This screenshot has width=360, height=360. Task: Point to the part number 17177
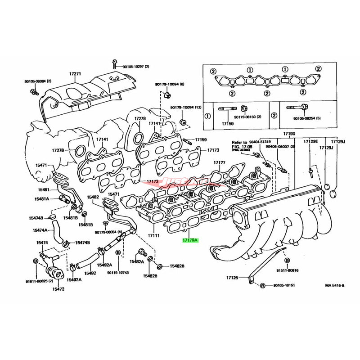click(220, 162)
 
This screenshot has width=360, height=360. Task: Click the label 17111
click(154, 235)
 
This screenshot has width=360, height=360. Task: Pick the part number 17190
click(289, 135)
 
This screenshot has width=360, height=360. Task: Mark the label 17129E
click(310, 141)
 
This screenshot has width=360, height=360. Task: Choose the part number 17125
click(233, 278)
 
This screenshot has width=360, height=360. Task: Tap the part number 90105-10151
click(283, 286)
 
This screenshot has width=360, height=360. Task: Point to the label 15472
click(58, 289)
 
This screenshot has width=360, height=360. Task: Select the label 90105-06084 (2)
click(38, 81)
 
